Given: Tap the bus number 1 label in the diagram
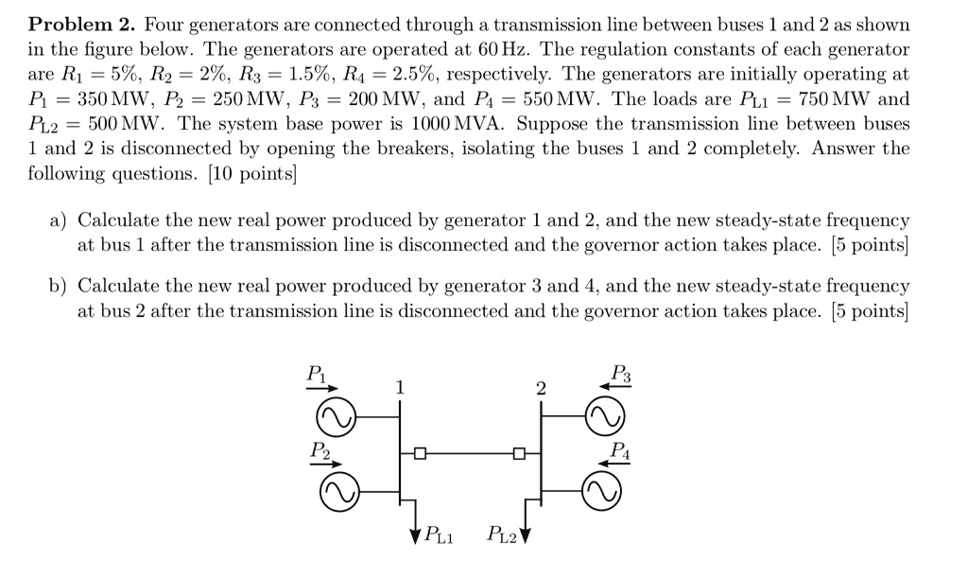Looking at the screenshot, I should [400, 387].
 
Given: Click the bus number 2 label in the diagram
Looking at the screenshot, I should [540, 388].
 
